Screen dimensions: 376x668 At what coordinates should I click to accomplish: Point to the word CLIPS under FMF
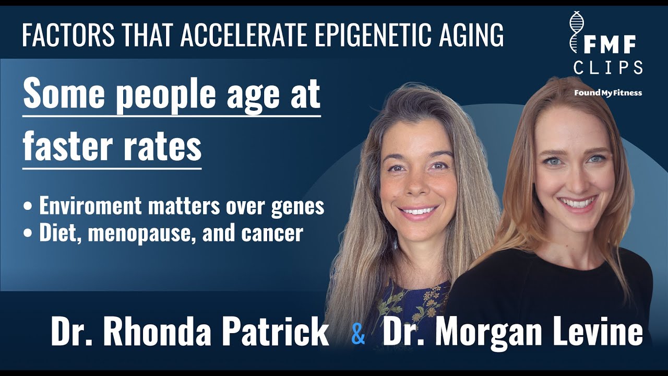608,67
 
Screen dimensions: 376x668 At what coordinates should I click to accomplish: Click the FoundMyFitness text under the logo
608,93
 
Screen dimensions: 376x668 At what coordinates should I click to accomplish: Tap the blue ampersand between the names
358,334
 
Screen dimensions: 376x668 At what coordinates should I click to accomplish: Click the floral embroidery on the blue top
412,303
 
